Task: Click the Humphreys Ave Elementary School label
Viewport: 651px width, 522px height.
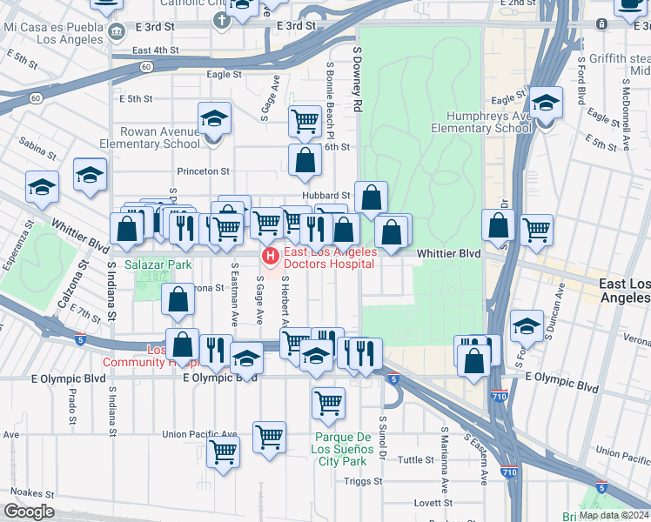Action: tap(481, 122)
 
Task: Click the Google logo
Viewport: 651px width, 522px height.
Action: tap(29, 512)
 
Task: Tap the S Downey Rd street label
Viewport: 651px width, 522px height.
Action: tap(357, 78)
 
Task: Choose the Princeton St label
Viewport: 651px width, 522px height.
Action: tap(203, 171)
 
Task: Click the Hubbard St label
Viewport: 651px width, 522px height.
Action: tap(326, 196)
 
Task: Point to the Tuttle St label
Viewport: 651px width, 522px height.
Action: tap(416, 459)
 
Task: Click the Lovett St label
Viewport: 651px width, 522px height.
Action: tap(433, 503)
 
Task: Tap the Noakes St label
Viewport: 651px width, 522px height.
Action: tap(33, 492)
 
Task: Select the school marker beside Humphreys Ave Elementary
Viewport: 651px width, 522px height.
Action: tap(546, 105)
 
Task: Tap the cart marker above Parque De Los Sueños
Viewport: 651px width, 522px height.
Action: tap(328, 402)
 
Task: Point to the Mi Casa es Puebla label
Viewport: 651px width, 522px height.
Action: tap(53, 33)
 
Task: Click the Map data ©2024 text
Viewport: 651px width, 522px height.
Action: tap(613, 515)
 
